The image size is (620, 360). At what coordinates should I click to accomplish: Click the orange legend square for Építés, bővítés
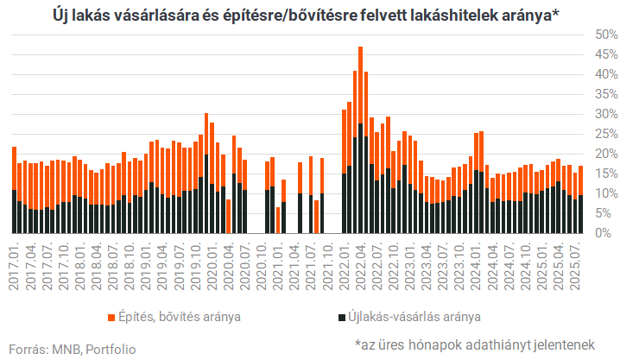(x=112, y=317)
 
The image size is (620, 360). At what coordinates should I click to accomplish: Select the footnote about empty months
(x=475, y=344)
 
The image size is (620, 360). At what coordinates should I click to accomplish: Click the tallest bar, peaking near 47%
(x=360, y=138)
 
